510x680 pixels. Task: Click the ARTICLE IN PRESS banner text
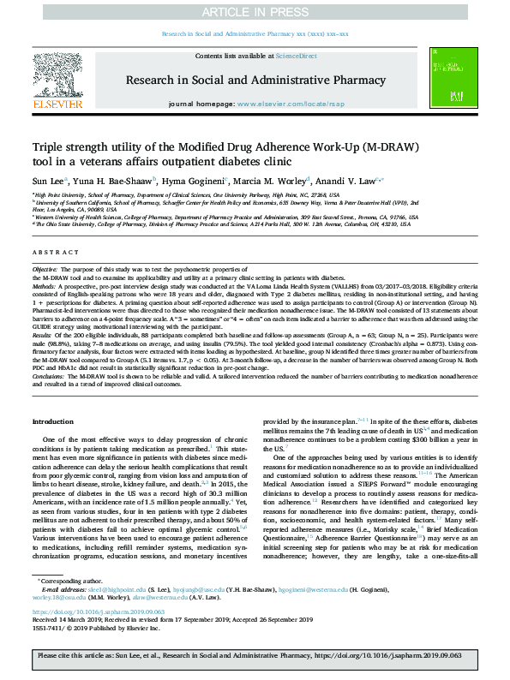(x=255, y=12)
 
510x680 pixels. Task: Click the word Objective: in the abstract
(x=45, y=270)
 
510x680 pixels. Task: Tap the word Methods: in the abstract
(x=44, y=285)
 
